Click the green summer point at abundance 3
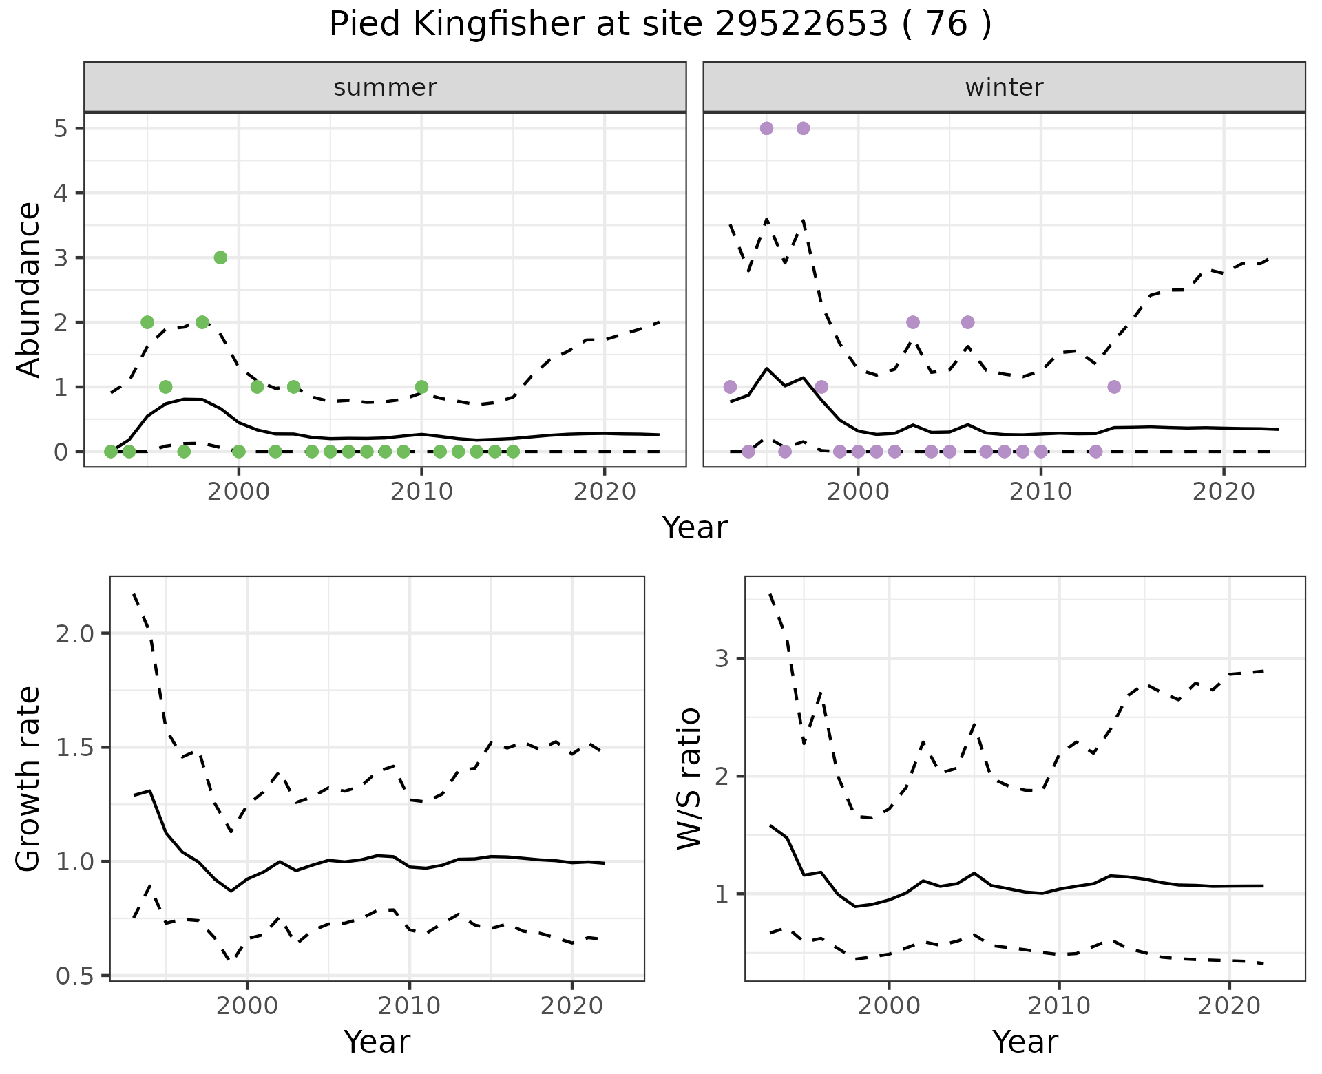[x=220, y=257]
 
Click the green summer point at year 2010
[x=421, y=387]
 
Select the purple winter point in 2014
[x=1114, y=387]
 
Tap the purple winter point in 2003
[x=913, y=322]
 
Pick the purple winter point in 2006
[x=967, y=322]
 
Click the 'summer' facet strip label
[x=385, y=87]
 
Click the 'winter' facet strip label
[x=1004, y=87]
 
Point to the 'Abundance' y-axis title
[x=29, y=289]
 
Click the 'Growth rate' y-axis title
[x=29, y=779]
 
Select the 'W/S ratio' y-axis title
[x=689, y=779]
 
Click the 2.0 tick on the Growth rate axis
[x=76, y=633]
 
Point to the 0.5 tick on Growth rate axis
[x=76, y=976]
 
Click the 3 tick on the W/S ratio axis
[x=722, y=659]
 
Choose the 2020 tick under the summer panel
[x=604, y=492]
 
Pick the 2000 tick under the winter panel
[x=858, y=492]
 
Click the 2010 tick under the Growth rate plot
[x=410, y=1006]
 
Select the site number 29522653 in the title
[x=801, y=25]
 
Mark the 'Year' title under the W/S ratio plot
[x=1025, y=1042]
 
